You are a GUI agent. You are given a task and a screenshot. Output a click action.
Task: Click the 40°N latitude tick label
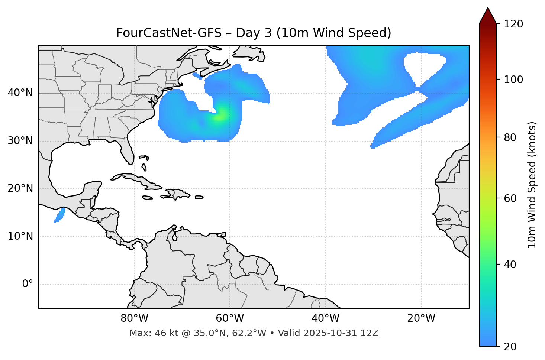pos(20,93)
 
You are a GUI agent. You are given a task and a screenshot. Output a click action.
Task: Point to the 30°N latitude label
pos(20,141)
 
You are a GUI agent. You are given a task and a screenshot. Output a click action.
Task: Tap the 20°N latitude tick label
pos(20,188)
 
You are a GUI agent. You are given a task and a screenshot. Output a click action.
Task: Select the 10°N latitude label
pos(20,236)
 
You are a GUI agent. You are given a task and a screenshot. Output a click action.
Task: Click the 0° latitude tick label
pos(28,284)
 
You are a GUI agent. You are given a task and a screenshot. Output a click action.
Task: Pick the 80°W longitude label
pos(134,318)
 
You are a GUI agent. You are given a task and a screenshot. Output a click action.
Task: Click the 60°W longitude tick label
pos(230,318)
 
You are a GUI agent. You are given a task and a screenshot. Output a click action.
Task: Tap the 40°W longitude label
pos(326,318)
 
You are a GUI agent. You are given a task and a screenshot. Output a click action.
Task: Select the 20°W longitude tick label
pos(421,318)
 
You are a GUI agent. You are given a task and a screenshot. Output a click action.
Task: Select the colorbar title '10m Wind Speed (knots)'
pos(532,185)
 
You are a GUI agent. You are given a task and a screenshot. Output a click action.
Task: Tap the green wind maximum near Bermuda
pos(220,116)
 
